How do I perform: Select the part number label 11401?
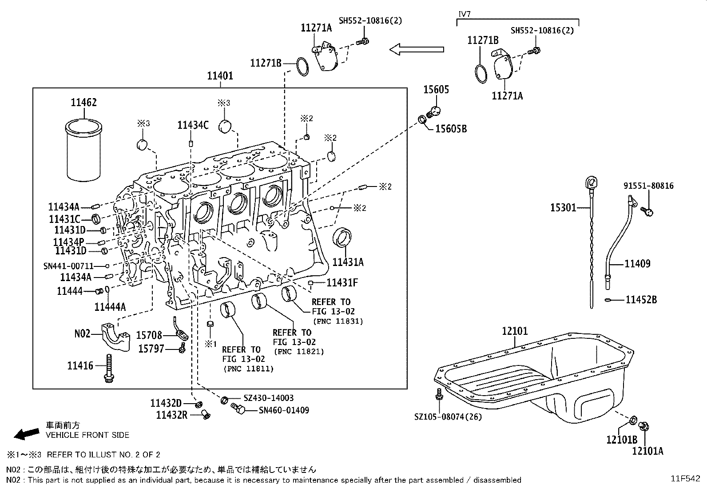(x=220, y=76)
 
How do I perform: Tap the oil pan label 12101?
(x=515, y=331)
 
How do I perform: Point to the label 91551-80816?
(x=647, y=186)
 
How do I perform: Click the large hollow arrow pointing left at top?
(x=417, y=49)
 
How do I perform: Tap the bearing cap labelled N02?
(x=115, y=336)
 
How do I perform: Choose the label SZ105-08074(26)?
(x=448, y=417)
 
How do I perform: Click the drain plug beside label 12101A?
(x=643, y=427)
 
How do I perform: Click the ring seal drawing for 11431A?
(x=342, y=238)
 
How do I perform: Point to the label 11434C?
(x=193, y=125)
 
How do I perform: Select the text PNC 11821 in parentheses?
(x=299, y=352)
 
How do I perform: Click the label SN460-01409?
(x=284, y=410)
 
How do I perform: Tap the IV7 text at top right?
(x=464, y=14)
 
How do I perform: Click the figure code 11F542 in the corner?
(x=685, y=479)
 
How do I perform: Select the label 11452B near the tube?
(x=641, y=300)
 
